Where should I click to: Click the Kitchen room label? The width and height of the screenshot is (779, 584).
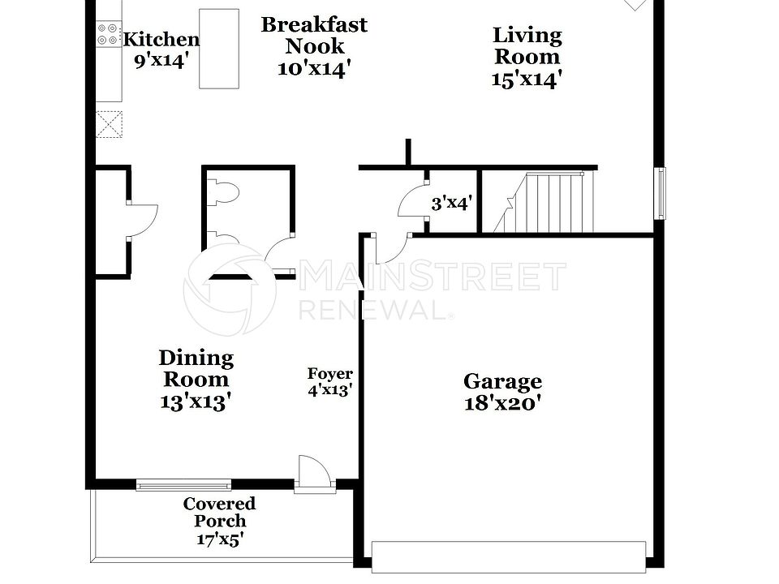(x=161, y=39)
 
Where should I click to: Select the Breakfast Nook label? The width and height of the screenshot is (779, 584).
(x=313, y=36)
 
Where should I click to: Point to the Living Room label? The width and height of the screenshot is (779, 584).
(x=527, y=46)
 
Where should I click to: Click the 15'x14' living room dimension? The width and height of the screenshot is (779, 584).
(x=527, y=79)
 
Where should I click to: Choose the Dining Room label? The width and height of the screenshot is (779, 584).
(x=196, y=368)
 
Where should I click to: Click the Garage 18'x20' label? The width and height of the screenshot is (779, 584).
(x=502, y=392)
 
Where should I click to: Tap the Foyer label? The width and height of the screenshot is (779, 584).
(x=329, y=374)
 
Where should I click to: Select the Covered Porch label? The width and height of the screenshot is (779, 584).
(x=219, y=513)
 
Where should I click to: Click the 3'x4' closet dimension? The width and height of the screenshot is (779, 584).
(x=451, y=203)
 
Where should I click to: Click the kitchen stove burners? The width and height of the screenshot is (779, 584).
(x=108, y=33)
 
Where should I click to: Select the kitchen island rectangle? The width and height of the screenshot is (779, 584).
(x=219, y=49)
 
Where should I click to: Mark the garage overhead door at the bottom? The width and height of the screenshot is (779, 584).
(x=509, y=556)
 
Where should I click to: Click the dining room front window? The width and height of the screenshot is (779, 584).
(x=183, y=486)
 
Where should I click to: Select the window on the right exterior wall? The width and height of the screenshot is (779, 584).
(x=661, y=193)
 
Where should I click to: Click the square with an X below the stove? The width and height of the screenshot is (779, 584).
(x=109, y=124)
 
